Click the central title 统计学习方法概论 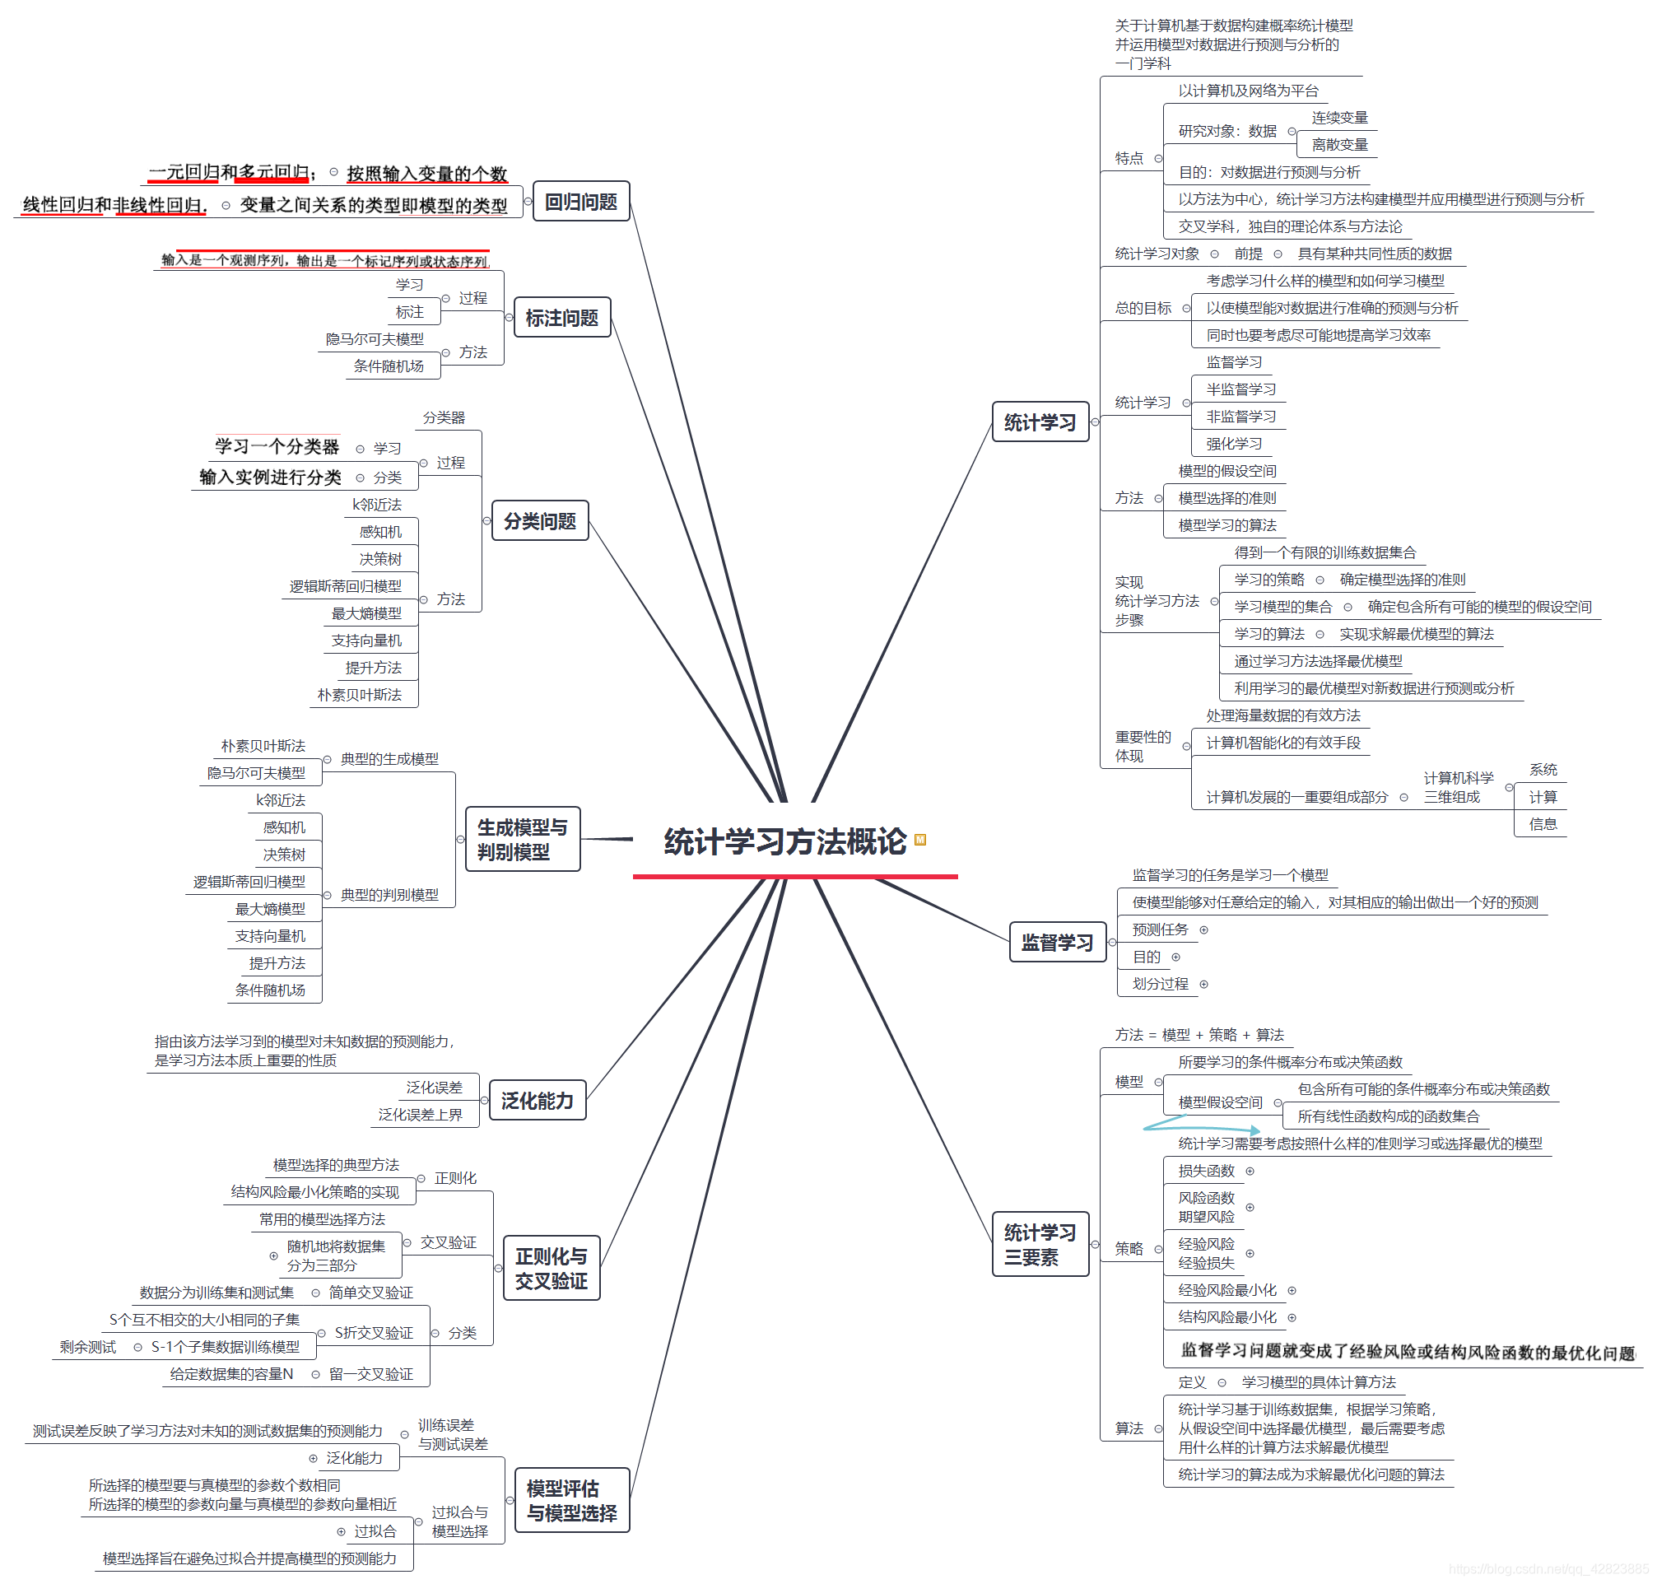coord(784,842)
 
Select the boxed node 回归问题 coord(581,202)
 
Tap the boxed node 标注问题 coord(561,318)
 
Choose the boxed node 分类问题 coord(539,521)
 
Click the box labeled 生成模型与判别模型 coord(523,839)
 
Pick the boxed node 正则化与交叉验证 coord(552,1268)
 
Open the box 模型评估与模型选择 coord(571,1500)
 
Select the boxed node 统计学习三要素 coord(1040,1245)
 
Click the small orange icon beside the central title coord(920,839)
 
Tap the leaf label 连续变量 coord(1339,118)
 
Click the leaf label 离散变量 coord(1339,144)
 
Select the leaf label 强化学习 coord(1233,443)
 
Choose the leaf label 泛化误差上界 coord(420,1115)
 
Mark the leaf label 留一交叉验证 coord(370,1374)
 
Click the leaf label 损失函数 coord(1205,1170)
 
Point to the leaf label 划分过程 coord(1160,984)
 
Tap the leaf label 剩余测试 coord(88,1347)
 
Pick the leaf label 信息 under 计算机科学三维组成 coord(1543,824)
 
